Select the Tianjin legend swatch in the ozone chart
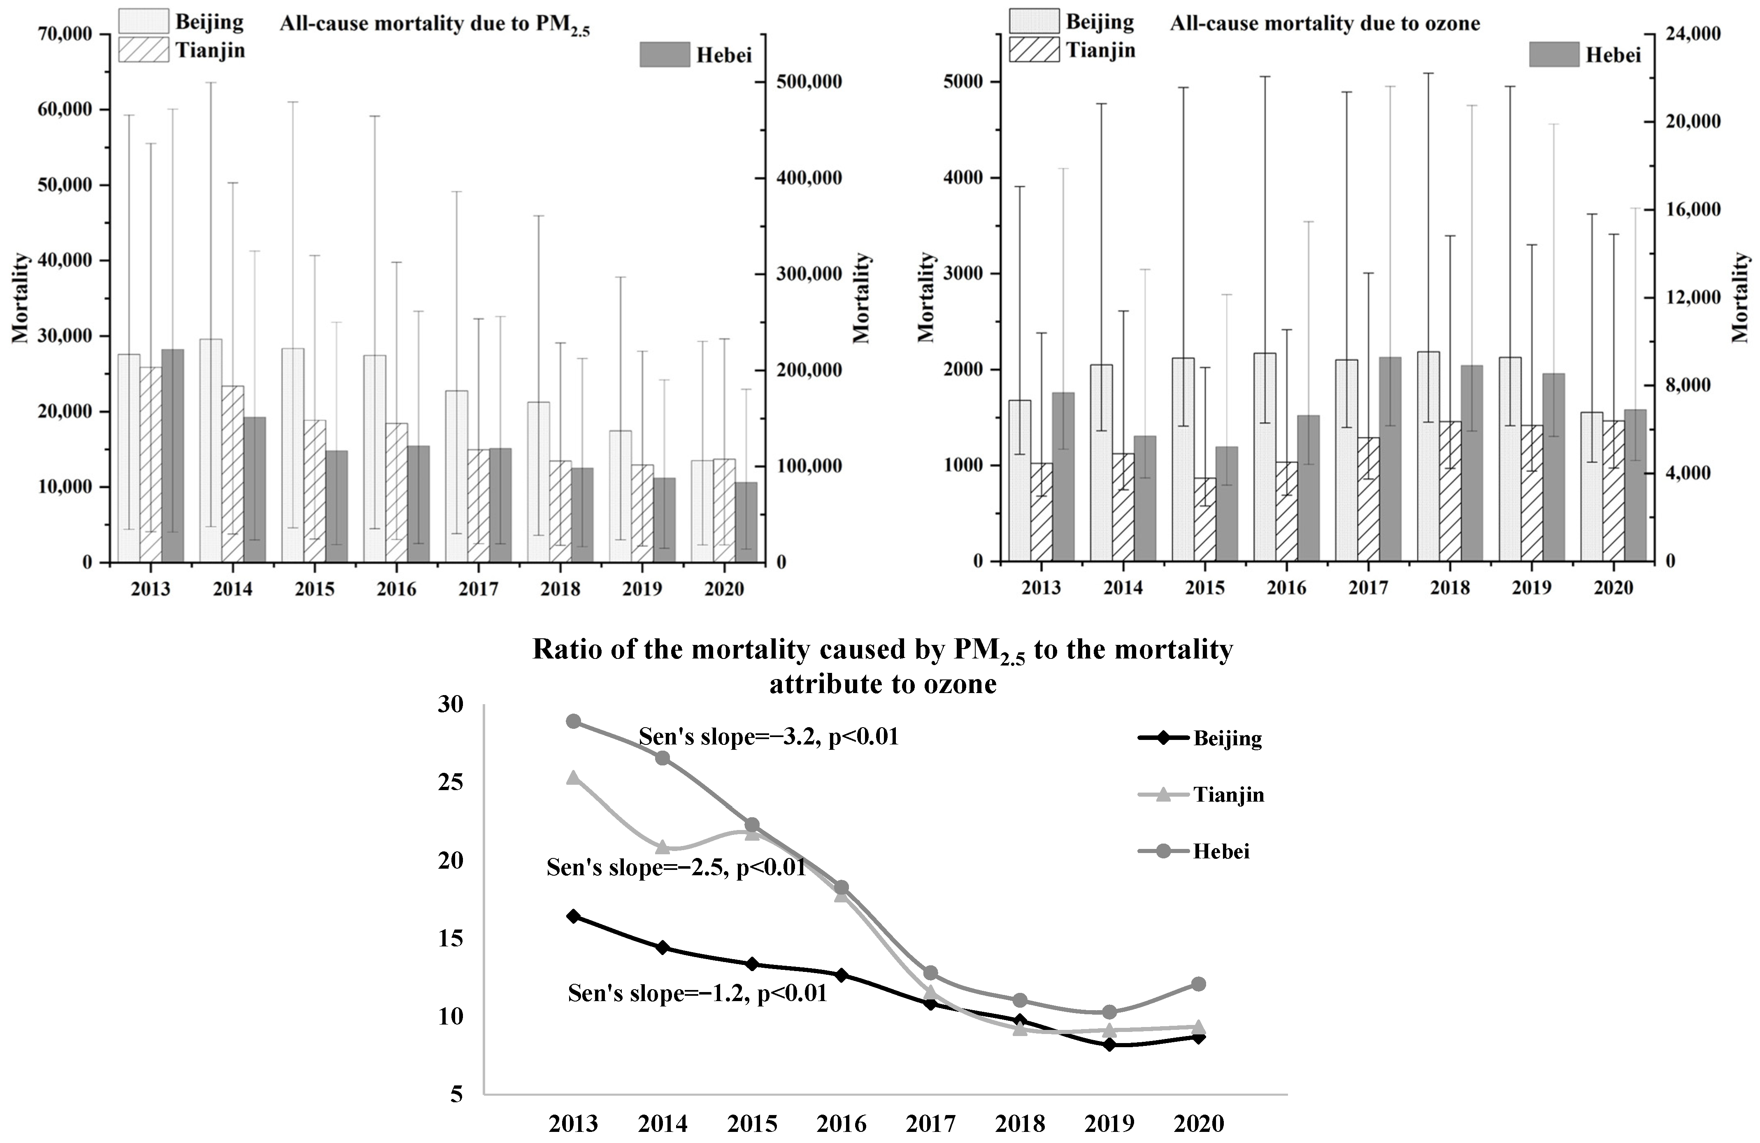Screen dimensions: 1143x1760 [x=1034, y=50]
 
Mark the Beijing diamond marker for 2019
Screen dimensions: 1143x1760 [x=1109, y=1045]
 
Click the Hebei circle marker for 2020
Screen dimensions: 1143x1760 [x=1199, y=984]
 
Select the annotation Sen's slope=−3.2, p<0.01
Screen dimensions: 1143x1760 [x=768, y=737]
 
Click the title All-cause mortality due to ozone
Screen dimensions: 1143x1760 [x=1325, y=24]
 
